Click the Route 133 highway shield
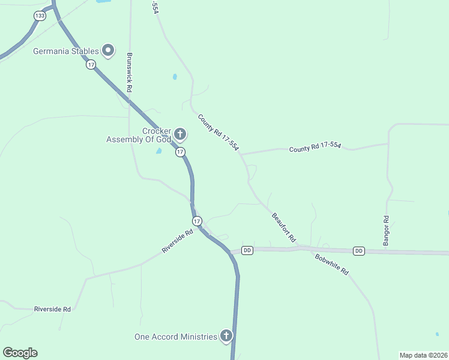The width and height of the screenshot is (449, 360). tap(40, 16)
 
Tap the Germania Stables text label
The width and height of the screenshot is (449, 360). tap(65, 50)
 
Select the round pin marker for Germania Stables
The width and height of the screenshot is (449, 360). tap(108, 50)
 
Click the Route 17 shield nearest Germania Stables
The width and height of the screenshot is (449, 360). tap(91, 64)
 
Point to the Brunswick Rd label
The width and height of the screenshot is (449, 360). tap(129, 72)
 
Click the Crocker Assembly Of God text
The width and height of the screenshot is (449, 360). tap(139, 136)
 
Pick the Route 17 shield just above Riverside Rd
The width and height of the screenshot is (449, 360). tap(197, 221)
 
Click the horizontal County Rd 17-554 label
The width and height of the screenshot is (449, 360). tap(315, 146)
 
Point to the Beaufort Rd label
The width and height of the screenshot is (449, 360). tap(284, 227)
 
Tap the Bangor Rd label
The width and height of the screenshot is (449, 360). tap(386, 230)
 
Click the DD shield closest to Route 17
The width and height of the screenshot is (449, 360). tap(247, 250)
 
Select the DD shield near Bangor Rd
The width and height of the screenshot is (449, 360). tap(359, 251)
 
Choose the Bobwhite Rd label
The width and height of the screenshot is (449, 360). tap(331, 263)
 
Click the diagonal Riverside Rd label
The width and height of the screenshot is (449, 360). tap(177, 241)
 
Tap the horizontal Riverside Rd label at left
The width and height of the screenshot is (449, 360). tap(53, 309)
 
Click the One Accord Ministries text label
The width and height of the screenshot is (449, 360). tap(175, 337)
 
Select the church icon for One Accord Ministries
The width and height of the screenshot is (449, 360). tap(226, 336)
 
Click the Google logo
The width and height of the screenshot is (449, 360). tap(20, 353)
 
